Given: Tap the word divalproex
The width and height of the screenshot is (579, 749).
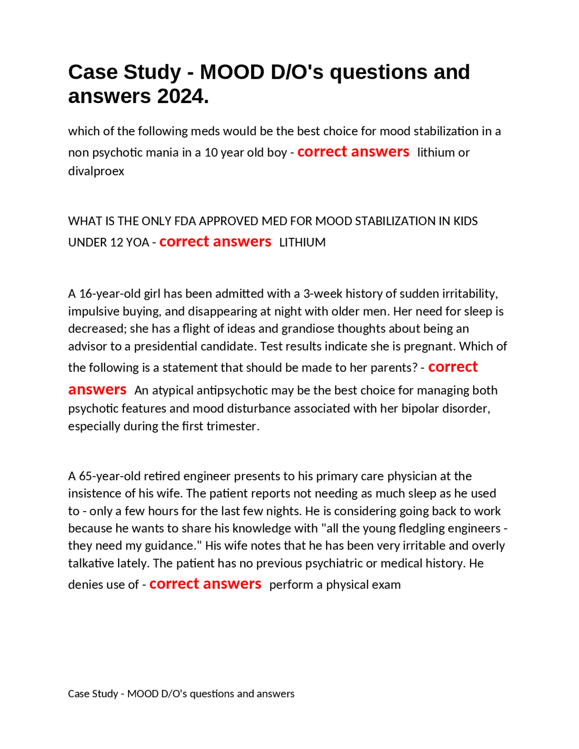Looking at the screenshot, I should [96, 171].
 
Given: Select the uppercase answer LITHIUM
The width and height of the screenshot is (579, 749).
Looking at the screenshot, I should [302, 242].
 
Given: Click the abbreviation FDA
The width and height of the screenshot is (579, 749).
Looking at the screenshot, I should [185, 221].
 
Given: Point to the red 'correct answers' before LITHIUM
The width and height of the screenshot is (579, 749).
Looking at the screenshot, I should [215, 242].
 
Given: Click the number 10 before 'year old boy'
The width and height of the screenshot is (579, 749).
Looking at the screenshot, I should [211, 152].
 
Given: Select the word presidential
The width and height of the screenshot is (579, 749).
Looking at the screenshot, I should [166, 346].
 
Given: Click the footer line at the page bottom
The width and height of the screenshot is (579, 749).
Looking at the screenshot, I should [181, 694].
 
